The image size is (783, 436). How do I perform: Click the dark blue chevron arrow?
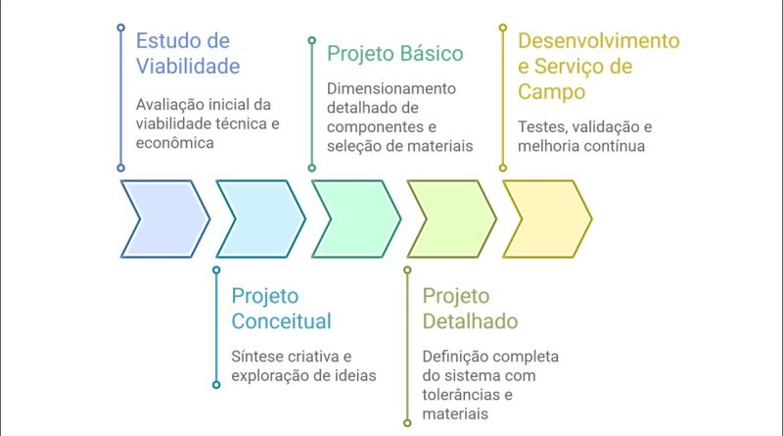click(x=165, y=219)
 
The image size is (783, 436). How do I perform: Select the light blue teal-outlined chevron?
click(x=260, y=219)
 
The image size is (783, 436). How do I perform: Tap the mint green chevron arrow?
click(x=356, y=219)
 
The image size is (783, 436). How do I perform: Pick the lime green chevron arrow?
click(x=452, y=219)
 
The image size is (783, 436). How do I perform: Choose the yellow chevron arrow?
click(x=547, y=219)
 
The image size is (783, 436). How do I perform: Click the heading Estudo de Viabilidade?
click(x=188, y=54)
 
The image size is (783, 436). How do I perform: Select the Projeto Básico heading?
click(x=395, y=54)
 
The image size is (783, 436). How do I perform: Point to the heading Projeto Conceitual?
click(x=281, y=309)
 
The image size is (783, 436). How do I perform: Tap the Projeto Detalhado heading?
click(x=470, y=309)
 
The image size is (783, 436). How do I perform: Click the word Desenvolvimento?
click(x=599, y=41)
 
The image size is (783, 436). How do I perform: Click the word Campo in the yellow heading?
click(x=551, y=92)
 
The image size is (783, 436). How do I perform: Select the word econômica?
click(x=175, y=143)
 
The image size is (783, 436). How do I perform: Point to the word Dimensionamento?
click(x=391, y=88)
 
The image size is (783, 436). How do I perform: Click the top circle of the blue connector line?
click(x=120, y=27)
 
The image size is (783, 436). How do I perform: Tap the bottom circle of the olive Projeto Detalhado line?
click(x=407, y=423)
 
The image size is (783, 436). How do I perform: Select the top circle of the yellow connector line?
click(x=503, y=27)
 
